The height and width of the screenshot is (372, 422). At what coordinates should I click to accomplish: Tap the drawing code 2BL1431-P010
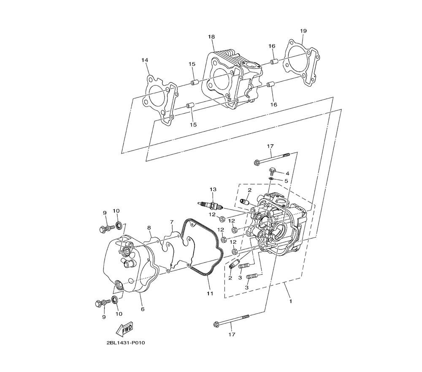coord(125,343)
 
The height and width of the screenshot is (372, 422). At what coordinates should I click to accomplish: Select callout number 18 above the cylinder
coord(211,37)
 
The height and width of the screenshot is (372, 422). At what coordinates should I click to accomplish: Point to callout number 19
coord(303,31)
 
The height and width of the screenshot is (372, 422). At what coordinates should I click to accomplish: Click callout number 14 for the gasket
coord(145,60)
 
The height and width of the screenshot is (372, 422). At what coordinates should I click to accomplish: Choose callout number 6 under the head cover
coord(143,309)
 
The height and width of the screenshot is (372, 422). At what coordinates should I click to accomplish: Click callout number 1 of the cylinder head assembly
coord(290,301)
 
